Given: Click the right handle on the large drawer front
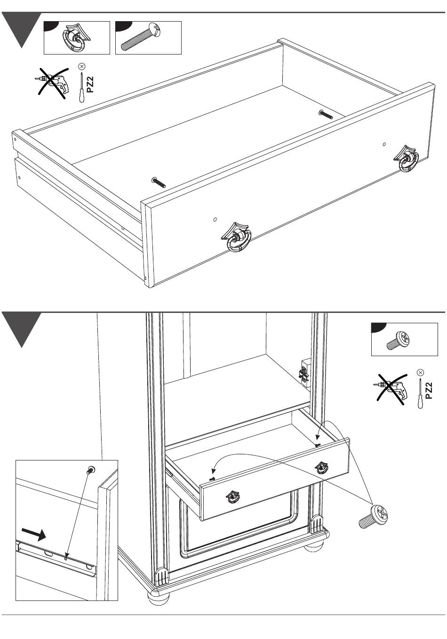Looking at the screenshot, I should point(408,158).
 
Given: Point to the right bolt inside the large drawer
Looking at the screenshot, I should point(326,114).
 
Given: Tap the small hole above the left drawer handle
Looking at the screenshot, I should point(215,219).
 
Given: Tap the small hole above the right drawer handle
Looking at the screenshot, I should point(384,144).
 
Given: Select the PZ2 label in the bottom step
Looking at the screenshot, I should point(428,390).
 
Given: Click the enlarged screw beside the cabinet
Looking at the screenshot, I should point(374,516).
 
